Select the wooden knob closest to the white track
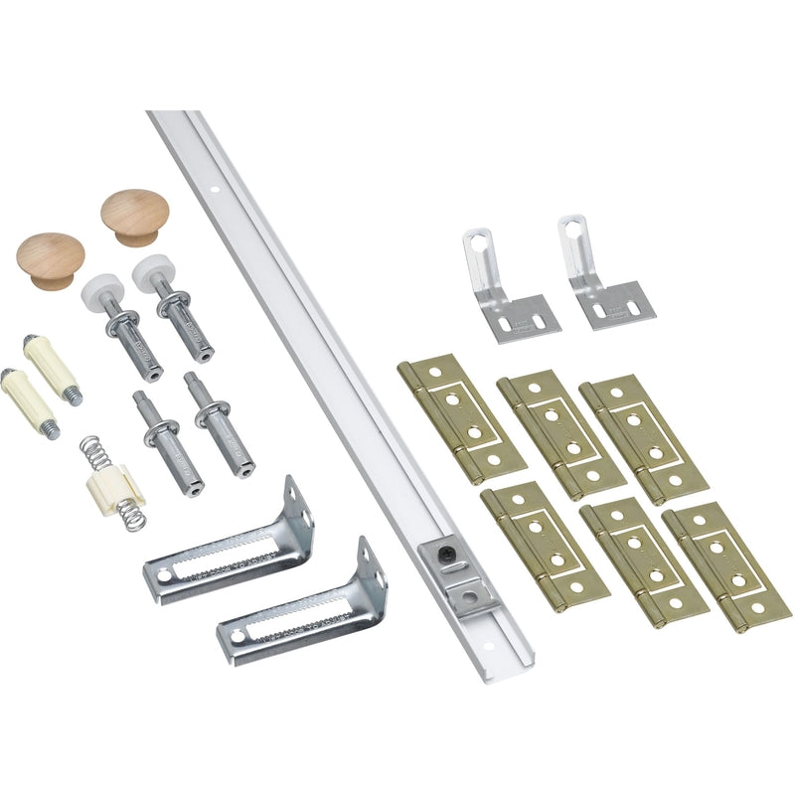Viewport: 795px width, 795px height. tap(134, 216)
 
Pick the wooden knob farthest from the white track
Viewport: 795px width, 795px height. tap(50, 259)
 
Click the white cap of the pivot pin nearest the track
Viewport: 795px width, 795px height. tap(153, 269)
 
